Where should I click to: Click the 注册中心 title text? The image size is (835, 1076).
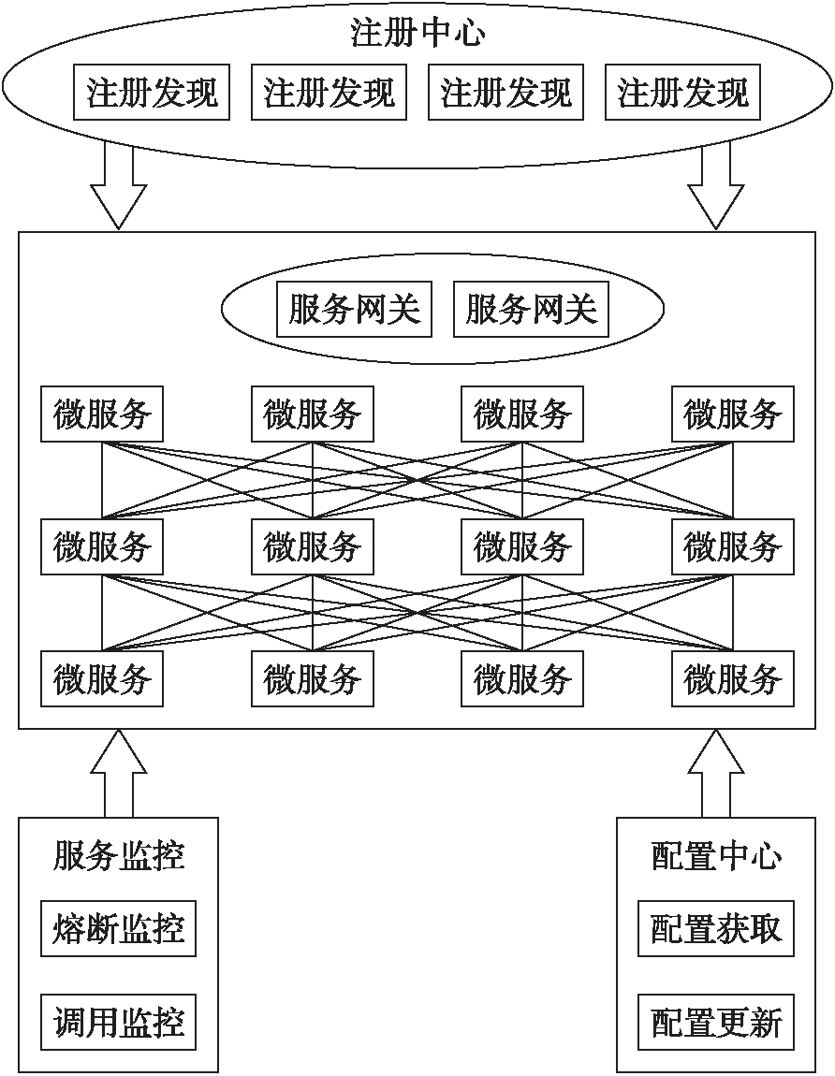coord(417,34)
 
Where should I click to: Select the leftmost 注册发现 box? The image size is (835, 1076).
coord(152,93)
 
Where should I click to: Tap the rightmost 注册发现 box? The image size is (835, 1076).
coord(682,93)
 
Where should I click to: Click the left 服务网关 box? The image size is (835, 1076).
coord(354,309)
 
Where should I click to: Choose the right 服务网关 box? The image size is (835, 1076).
coord(531,309)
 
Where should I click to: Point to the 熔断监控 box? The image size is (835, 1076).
coord(119,929)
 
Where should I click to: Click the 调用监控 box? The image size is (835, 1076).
coord(119,1022)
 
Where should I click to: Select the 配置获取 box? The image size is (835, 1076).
coord(716,929)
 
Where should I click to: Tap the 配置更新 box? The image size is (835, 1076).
coord(716,1022)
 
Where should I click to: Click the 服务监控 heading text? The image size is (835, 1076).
coord(119,856)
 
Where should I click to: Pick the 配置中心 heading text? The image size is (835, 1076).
coord(716,856)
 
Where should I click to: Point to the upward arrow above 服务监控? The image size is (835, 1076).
coord(119,772)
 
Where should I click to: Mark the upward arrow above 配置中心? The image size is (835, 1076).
coord(716,772)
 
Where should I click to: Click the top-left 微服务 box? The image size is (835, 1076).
coord(102,414)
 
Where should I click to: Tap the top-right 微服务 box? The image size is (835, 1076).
coord(733,414)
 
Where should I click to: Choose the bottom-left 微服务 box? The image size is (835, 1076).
coord(102,678)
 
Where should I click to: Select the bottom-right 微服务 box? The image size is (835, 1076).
coord(733,678)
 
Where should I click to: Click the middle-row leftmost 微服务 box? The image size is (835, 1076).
coord(102,546)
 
